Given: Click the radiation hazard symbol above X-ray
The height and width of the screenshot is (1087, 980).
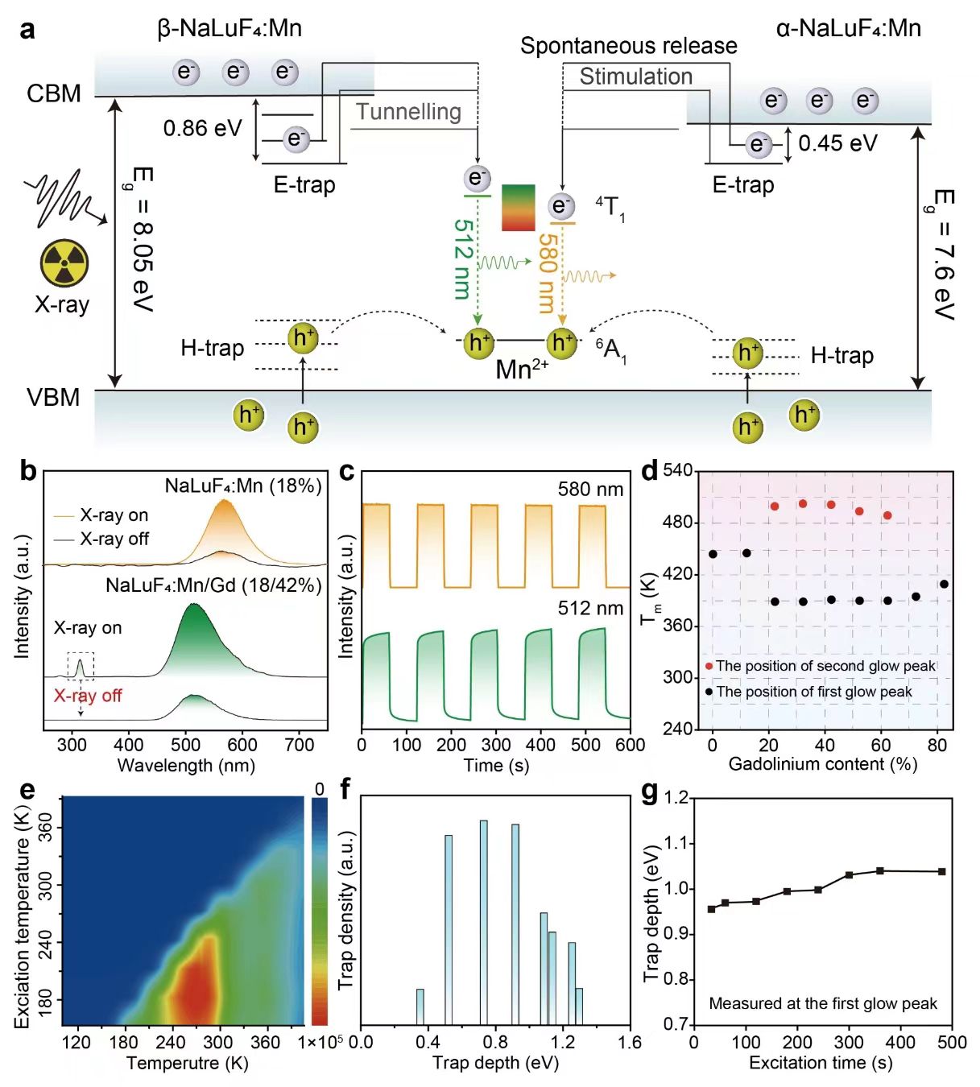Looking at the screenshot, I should point(64,262).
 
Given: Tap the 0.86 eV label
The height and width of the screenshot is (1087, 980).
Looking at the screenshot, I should point(202,128).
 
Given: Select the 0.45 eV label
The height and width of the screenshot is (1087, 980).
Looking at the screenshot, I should point(837,143).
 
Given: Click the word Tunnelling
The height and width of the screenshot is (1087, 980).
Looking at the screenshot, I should point(408,112).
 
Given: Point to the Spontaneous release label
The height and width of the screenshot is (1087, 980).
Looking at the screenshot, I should point(628,46).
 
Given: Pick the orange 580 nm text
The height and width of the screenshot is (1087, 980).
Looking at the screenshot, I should point(547,273).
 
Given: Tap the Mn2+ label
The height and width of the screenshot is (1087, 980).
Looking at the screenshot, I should point(521,370).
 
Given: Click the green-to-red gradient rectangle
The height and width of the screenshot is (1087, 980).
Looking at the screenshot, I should point(518,208).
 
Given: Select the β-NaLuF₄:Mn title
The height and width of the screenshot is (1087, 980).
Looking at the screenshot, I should point(229,29).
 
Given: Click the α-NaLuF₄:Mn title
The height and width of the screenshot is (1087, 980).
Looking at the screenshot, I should point(848,29).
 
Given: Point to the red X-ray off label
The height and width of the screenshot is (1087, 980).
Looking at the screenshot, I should point(88,696).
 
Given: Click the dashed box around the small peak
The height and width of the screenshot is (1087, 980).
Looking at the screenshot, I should point(81,666).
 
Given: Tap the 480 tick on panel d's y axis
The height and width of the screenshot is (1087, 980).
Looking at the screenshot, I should point(676,523).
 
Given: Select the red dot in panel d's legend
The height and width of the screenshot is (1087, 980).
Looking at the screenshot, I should point(709,666).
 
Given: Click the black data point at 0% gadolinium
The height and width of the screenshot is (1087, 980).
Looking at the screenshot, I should point(713,554).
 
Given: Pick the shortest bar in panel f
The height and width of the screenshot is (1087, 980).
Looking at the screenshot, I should point(420,1006).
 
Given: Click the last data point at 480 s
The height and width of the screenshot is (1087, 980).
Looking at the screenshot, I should point(942,871).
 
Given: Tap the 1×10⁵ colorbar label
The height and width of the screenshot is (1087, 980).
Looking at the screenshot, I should point(320,1043).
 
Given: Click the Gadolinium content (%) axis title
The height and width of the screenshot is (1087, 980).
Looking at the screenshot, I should point(822,764).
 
